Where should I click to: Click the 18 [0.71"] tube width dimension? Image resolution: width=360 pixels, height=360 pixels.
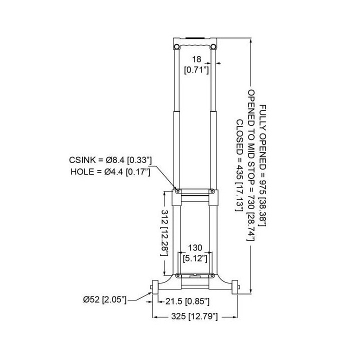tap(196, 64)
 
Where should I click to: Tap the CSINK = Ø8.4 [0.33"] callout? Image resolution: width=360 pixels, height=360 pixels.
tap(110, 160)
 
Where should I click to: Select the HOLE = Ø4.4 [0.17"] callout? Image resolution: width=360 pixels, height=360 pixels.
tap(110, 171)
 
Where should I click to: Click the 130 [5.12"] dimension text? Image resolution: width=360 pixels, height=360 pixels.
tap(195, 253)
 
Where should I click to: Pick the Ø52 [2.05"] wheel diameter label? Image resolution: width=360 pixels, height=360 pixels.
tap(104, 299)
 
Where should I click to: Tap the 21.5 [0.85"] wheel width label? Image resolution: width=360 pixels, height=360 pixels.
tap(187, 301)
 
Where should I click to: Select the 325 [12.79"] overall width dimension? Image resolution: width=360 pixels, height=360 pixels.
tap(194, 316)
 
